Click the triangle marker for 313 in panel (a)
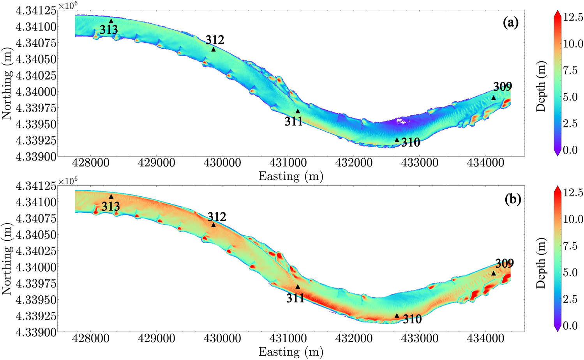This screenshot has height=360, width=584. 111,21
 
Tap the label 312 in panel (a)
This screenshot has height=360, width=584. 215,40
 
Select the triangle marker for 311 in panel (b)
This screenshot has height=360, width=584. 298,287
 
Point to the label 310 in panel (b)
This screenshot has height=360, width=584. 412,319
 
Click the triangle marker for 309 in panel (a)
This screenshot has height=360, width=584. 494,98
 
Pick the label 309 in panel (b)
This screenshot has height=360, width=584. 505,264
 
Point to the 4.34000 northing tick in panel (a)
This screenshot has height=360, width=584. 35,92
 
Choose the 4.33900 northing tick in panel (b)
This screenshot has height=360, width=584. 35,332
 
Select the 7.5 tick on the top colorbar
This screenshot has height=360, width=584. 571,71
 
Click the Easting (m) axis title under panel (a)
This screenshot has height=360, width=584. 291,176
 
